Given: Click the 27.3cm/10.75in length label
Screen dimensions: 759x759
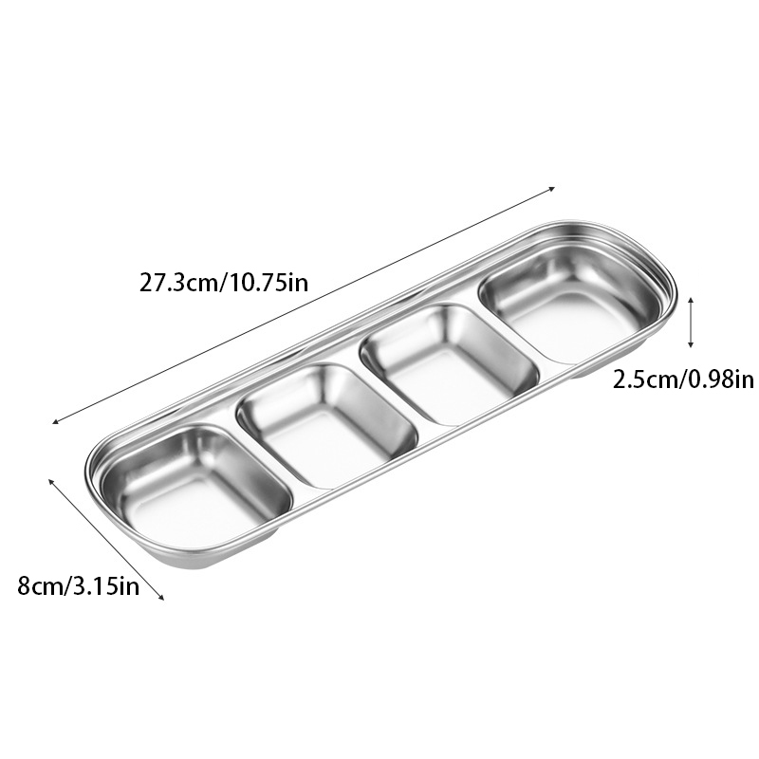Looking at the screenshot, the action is pyautogui.click(x=224, y=283).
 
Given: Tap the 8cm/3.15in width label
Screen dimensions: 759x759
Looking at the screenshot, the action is pyautogui.click(x=79, y=585).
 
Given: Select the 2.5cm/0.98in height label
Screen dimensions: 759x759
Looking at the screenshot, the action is pyautogui.click(x=683, y=379).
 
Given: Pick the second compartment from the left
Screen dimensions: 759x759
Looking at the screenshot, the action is pyautogui.click(x=327, y=424).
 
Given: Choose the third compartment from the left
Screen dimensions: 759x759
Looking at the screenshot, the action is pyautogui.click(x=449, y=364).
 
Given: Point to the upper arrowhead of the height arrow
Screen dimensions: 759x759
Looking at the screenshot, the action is pyautogui.click(x=691, y=300).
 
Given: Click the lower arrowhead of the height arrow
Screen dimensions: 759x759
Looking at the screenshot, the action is pyautogui.click(x=691, y=344).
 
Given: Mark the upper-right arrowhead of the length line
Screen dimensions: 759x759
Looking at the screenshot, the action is pyautogui.click(x=551, y=189).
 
